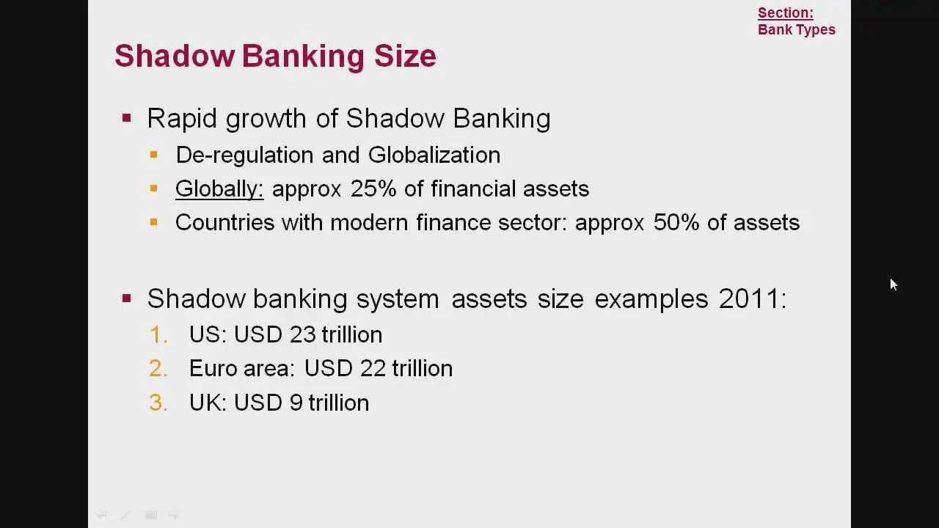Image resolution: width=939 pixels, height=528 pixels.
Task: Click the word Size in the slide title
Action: (405, 56)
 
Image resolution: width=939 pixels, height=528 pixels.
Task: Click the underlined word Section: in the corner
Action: (785, 13)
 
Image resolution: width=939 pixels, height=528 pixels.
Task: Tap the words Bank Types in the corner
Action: (797, 30)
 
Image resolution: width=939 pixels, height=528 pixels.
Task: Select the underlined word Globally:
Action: (219, 189)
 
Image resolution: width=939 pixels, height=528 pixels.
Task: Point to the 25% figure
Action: (373, 188)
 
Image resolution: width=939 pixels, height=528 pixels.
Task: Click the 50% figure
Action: (676, 222)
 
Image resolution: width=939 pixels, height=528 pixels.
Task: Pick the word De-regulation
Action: (244, 155)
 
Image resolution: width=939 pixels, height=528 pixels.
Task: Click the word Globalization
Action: (434, 155)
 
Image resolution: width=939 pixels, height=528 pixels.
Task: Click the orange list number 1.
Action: (158, 335)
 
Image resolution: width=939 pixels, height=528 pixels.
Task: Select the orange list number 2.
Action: (158, 369)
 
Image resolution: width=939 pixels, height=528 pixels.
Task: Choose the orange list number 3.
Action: (158, 403)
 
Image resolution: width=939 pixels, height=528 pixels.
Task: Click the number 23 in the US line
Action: (302, 335)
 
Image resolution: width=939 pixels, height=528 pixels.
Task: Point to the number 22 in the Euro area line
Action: (373, 368)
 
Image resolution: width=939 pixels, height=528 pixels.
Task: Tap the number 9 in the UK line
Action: (296, 403)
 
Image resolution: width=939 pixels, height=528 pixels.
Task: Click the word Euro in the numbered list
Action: (213, 368)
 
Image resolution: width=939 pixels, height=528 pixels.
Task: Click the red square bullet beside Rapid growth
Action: (127, 118)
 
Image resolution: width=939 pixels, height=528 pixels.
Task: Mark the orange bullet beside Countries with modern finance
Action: (154, 222)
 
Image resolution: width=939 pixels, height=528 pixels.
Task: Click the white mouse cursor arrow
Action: (894, 284)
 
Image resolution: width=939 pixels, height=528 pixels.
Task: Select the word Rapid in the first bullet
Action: (181, 119)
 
